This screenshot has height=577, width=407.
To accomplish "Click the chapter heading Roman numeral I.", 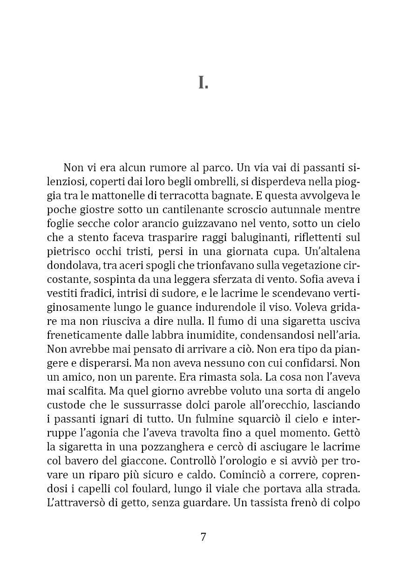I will click(203, 83).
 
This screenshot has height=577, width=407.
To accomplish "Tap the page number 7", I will click(203, 537).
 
